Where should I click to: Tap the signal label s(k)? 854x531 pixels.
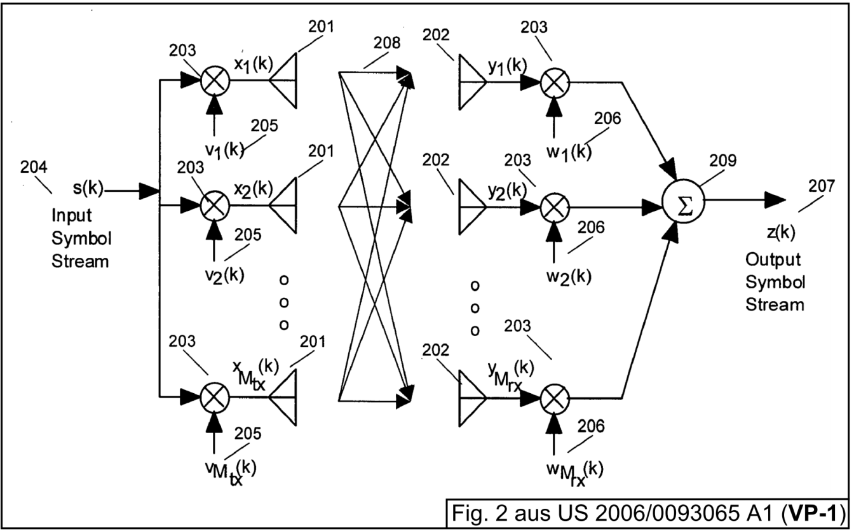[x=88, y=188]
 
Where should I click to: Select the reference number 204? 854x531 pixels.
[x=34, y=167]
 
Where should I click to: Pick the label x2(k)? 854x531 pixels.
[x=254, y=189]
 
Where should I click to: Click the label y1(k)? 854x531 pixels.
[x=508, y=67]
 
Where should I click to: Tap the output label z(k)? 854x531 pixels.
[x=781, y=232]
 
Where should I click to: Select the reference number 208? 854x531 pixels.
[x=386, y=43]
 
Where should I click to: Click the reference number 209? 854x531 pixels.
[x=723, y=161]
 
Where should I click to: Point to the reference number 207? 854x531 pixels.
[x=822, y=186]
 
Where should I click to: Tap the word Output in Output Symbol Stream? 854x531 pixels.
[x=773, y=260]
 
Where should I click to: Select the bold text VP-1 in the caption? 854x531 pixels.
[x=813, y=513]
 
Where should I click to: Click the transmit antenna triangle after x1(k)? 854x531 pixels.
[x=283, y=81]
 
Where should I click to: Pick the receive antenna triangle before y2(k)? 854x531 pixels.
[x=473, y=207]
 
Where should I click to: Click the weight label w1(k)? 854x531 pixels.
[x=569, y=152]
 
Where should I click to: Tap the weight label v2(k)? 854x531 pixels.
[x=224, y=275]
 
